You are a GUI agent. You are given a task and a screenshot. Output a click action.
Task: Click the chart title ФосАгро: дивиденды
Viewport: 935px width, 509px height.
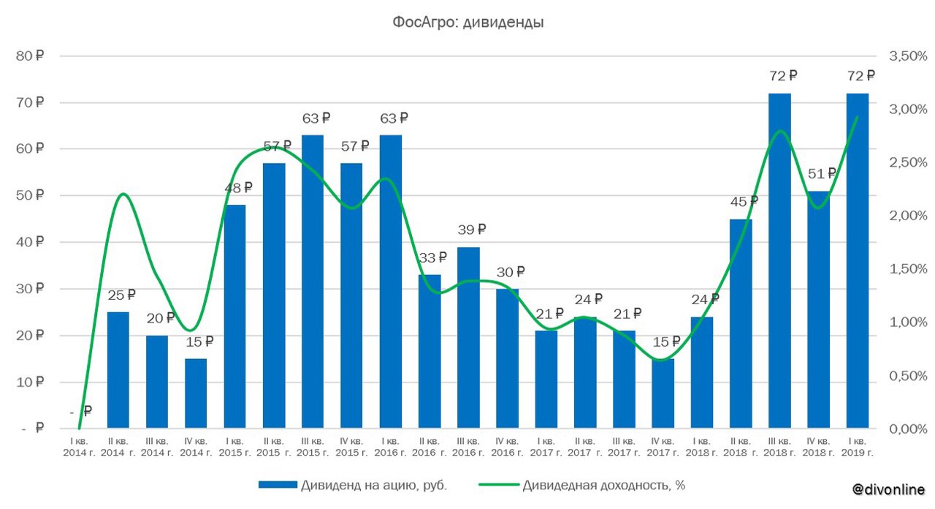pyautogui.click(x=467, y=23)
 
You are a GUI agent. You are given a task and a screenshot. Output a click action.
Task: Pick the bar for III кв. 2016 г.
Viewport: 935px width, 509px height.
pyautogui.click(x=468, y=338)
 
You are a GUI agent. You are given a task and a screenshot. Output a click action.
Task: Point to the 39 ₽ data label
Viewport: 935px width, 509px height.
pyautogui.click(x=471, y=230)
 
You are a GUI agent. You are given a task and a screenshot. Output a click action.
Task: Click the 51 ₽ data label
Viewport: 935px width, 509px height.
pyautogui.click(x=822, y=173)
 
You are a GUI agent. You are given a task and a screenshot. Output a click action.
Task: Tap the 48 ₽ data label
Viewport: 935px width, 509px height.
pyautogui.click(x=237, y=187)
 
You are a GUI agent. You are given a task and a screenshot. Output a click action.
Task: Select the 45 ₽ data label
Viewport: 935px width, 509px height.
pyautogui.click(x=744, y=201)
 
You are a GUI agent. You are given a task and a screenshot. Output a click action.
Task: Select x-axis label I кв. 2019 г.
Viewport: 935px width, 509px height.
pyautogui.click(x=857, y=448)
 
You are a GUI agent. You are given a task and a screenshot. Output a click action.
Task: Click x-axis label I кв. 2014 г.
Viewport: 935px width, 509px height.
pyautogui.click(x=78, y=448)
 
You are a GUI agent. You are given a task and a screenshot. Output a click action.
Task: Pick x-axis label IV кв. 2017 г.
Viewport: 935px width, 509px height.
pyautogui.click(x=663, y=448)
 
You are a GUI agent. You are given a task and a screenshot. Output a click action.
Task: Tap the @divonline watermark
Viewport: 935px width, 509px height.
pyautogui.click(x=888, y=489)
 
